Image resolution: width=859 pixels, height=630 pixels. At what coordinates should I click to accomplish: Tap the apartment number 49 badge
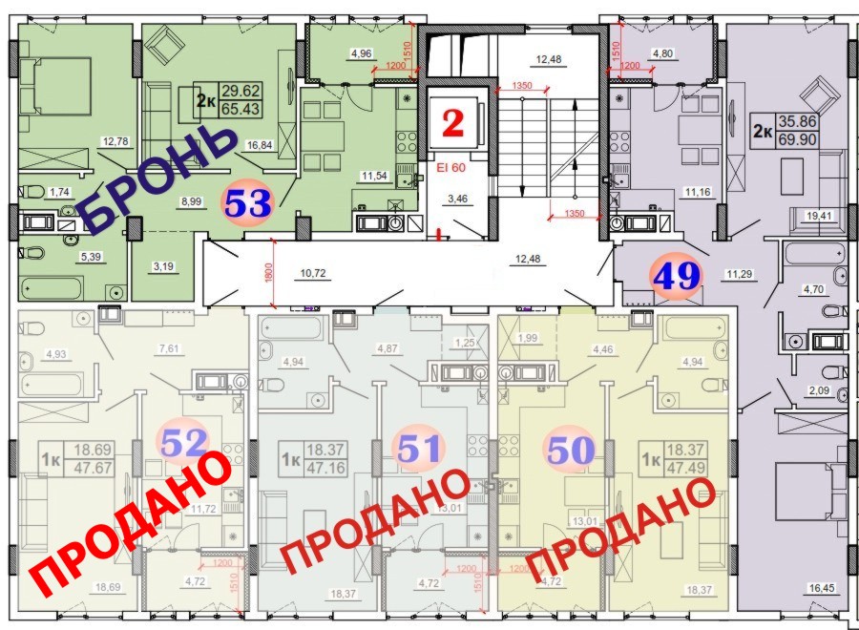[x=677, y=276]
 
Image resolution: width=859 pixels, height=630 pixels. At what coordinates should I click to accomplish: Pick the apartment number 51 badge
[x=419, y=447]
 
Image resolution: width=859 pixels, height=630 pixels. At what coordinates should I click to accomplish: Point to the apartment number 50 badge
[x=570, y=447]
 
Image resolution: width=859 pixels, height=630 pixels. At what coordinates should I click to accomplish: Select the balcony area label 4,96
[x=361, y=54]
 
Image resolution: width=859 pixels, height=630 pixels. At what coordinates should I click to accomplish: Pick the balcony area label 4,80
[x=661, y=54]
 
